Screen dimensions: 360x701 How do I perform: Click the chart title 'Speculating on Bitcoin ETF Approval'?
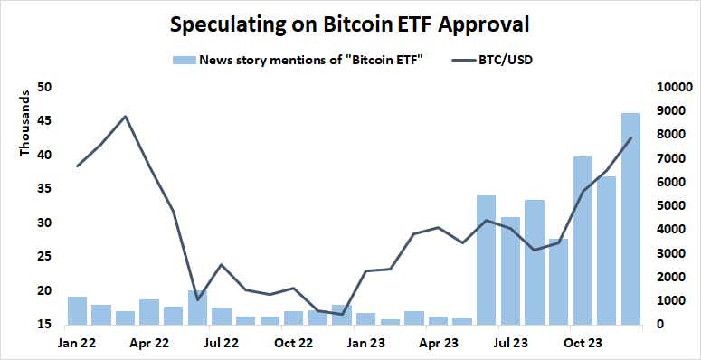pyautogui.click(x=349, y=24)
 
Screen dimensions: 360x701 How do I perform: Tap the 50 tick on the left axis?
pyautogui.click(x=44, y=87)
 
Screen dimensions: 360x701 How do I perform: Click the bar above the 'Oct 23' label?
pyautogui.click(x=583, y=241)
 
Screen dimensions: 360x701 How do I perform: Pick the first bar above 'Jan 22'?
pyautogui.click(x=77, y=310)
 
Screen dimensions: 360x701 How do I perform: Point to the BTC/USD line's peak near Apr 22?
pyautogui.click(x=125, y=117)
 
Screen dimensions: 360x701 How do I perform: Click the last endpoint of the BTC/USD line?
pyautogui.click(x=630, y=138)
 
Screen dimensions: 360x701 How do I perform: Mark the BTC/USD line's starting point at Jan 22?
pyautogui.click(x=77, y=166)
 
